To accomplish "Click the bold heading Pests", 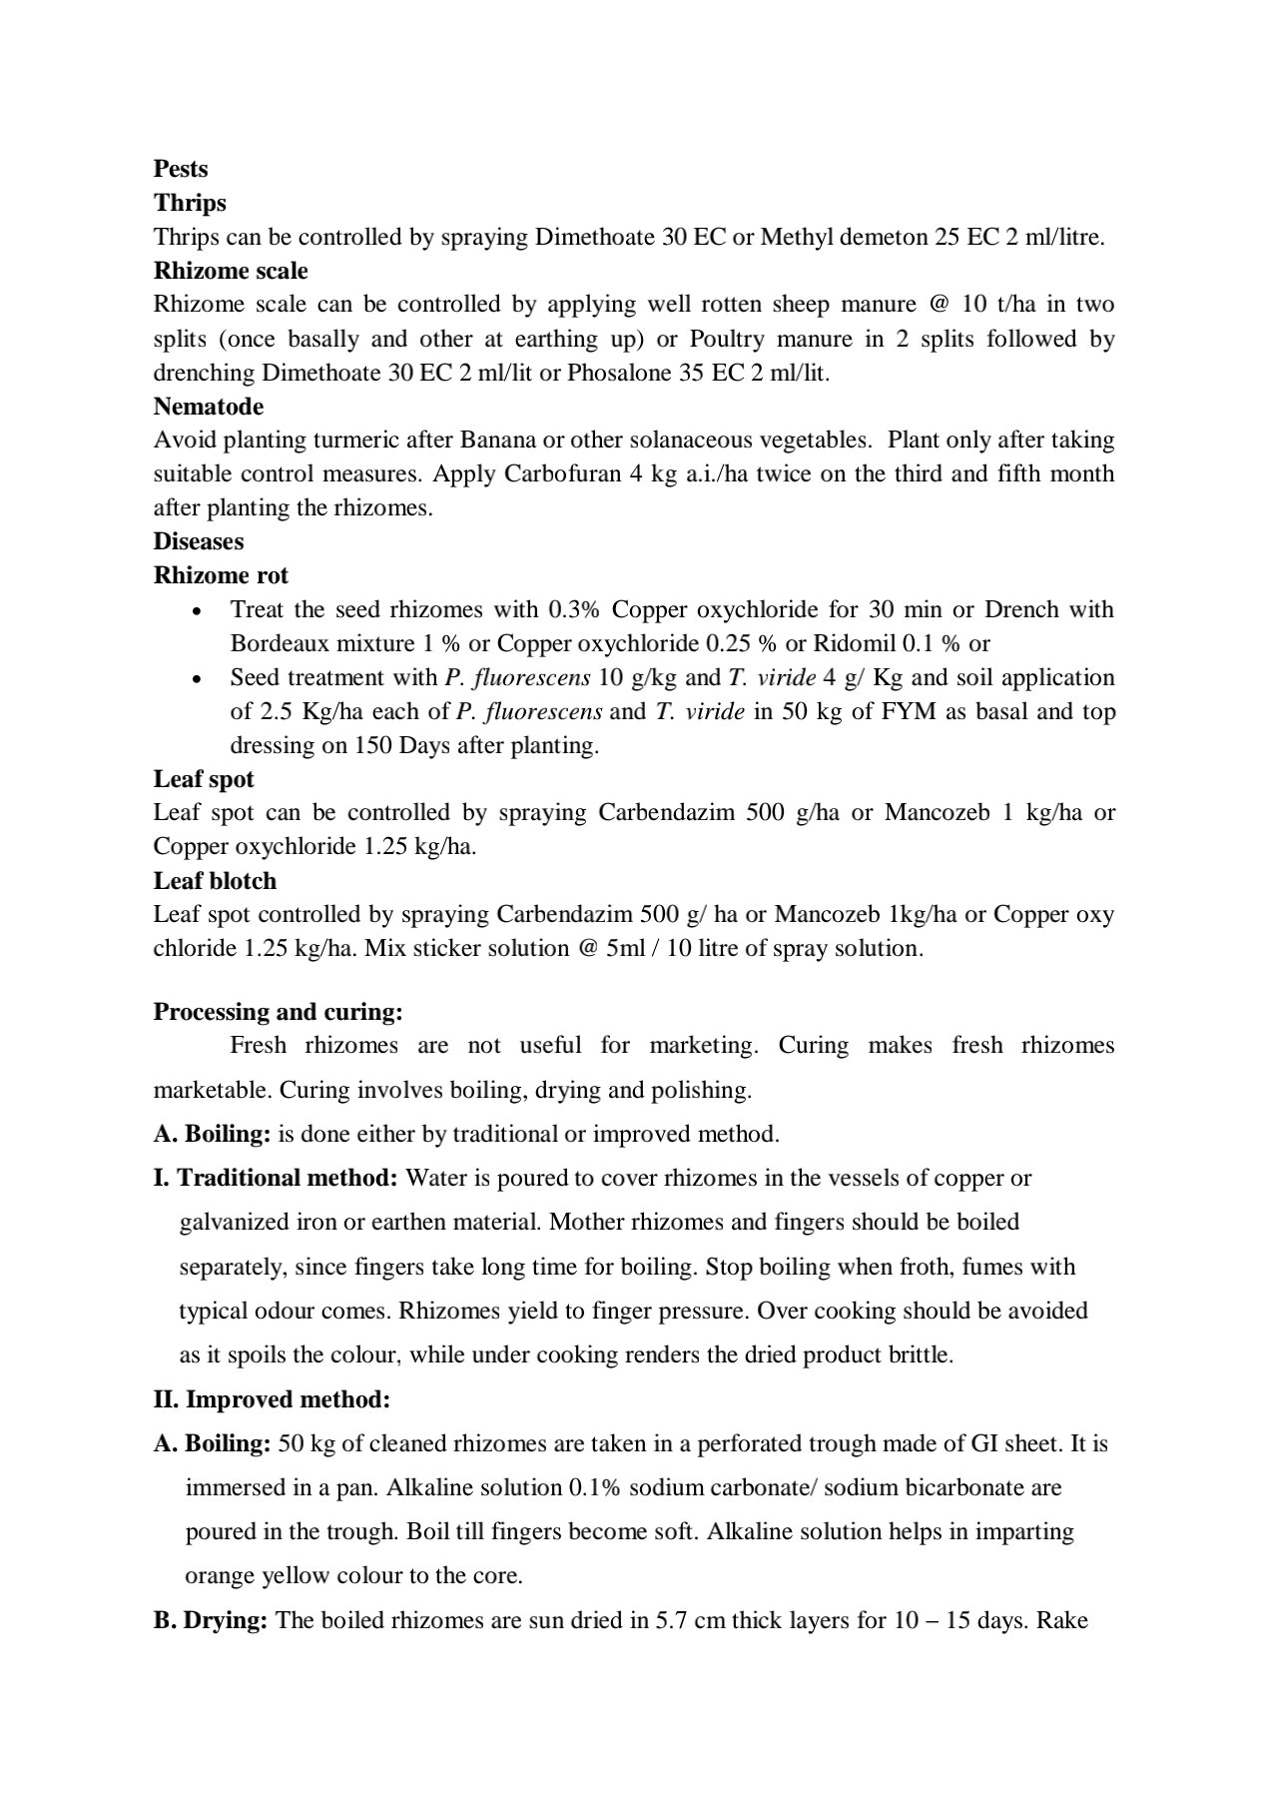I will (x=181, y=169).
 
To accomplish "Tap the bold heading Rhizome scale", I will (x=231, y=271).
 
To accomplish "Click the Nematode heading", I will (x=209, y=407).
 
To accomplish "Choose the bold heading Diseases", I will (x=199, y=541).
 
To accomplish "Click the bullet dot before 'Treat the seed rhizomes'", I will (x=198, y=610).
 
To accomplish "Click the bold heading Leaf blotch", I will (x=215, y=881).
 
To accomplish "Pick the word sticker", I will (x=441, y=948).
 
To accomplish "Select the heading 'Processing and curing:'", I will (x=279, y=1012).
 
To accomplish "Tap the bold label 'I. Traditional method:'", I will (x=276, y=1178).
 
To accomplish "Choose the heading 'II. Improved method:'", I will (x=272, y=1399).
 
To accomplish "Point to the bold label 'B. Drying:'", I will (x=211, y=1620).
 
